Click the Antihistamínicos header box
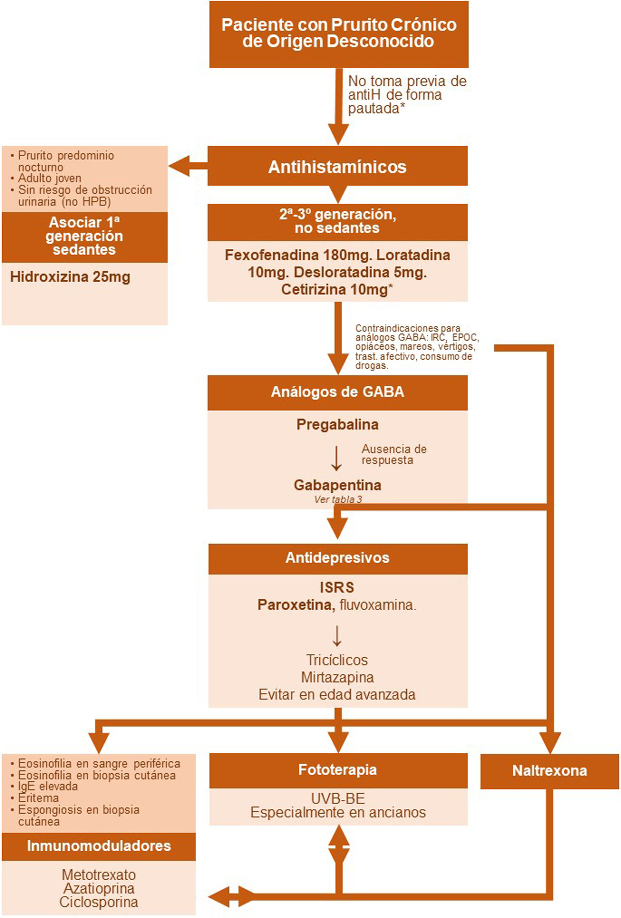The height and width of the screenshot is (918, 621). (x=338, y=166)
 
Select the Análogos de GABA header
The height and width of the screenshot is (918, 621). (x=338, y=392)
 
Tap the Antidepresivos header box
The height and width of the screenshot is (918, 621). (x=338, y=558)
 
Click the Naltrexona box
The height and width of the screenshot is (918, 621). (x=549, y=770)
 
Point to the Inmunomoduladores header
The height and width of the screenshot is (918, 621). (x=99, y=846)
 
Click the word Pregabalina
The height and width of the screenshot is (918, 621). (x=338, y=425)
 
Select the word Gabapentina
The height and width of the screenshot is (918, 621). (x=338, y=485)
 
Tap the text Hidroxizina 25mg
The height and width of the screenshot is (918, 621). (x=70, y=277)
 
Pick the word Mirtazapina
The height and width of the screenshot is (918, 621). (x=338, y=677)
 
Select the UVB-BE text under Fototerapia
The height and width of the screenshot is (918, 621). (x=338, y=798)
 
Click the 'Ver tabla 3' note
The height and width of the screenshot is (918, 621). (x=338, y=499)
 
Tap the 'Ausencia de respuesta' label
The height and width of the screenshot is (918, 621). (x=393, y=454)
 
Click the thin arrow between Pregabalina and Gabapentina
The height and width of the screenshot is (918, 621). (x=336, y=458)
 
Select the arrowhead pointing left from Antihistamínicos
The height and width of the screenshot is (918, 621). (x=179, y=166)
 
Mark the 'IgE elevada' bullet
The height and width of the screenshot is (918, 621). (x=47, y=786)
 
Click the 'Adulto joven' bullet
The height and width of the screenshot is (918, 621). (x=49, y=178)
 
